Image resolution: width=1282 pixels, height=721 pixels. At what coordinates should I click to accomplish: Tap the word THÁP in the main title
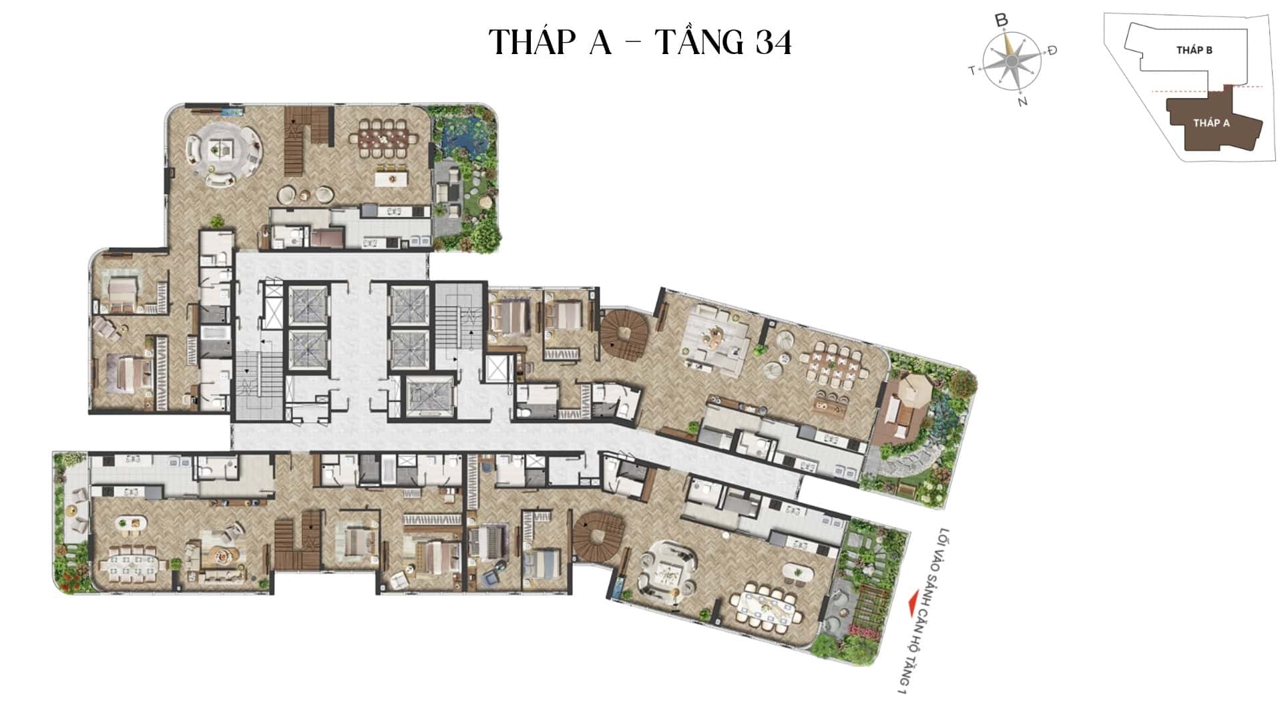pos(532,42)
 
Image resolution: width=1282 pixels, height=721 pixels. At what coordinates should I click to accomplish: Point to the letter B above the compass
pos(1001,21)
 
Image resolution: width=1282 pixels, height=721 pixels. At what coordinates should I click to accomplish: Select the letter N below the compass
pos(1022,102)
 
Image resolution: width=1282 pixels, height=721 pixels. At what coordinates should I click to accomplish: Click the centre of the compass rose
pos(1012,61)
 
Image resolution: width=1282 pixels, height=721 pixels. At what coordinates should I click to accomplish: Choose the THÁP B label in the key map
pos(1195,50)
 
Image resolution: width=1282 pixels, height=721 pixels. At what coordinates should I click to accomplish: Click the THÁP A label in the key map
pos(1211,123)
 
